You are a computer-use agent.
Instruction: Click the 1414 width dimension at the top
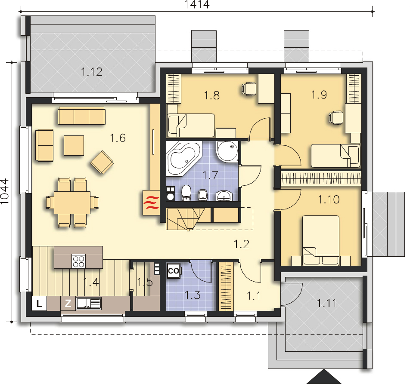[197, 5]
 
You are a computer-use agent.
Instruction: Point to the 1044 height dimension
[4, 192]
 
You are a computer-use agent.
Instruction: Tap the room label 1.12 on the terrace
[91, 72]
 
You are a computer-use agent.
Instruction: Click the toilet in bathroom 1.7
[186, 193]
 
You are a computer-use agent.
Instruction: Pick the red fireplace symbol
[151, 203]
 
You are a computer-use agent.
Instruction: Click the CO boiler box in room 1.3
[174, 271]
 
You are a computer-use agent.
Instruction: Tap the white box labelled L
[39, 303]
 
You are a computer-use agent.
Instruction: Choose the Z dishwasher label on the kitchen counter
[68, 303]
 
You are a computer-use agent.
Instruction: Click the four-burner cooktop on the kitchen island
[79, 261]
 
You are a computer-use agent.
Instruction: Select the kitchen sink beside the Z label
[88, 303]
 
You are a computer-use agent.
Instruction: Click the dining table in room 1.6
[72, 203]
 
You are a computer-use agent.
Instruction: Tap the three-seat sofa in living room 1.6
[81, 116]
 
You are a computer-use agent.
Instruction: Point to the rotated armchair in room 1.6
[102, 162]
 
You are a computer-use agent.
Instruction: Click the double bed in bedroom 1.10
[321, 240]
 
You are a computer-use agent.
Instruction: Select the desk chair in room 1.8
[248, 89]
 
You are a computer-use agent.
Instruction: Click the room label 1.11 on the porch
[326, 303]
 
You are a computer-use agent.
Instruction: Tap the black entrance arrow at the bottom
[324, 378]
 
